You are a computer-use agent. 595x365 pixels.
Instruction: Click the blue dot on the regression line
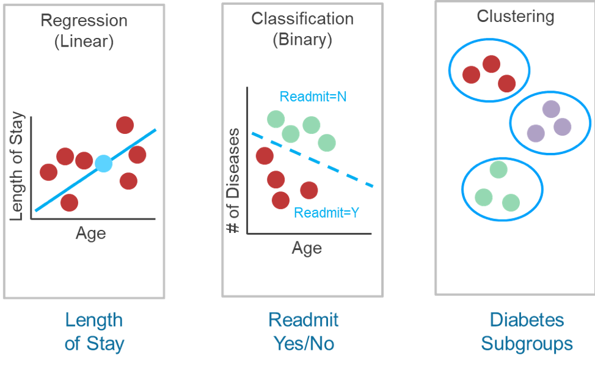(x=104, y=163)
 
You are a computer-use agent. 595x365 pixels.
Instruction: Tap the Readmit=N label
(x=313, y=97)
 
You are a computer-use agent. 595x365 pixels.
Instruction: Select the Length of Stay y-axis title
(x=18, y=165)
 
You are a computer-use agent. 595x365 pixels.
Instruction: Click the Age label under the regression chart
(x=90, y=233)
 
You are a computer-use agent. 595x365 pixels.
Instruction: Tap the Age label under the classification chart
(x=306, y=248)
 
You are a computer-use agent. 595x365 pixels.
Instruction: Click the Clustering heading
(x=515, y=16)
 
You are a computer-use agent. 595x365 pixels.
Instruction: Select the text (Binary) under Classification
(x=302, y=40)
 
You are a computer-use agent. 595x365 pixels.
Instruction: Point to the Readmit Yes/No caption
(x=303, y=331)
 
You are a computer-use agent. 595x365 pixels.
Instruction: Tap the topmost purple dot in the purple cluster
(x=551, y=109)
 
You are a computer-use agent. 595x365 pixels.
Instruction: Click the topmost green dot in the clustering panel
(x=498, y=169)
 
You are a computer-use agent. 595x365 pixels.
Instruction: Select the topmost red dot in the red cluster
(x=491, y=64)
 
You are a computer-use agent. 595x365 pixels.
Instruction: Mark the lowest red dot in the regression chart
(x=69, y=202)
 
